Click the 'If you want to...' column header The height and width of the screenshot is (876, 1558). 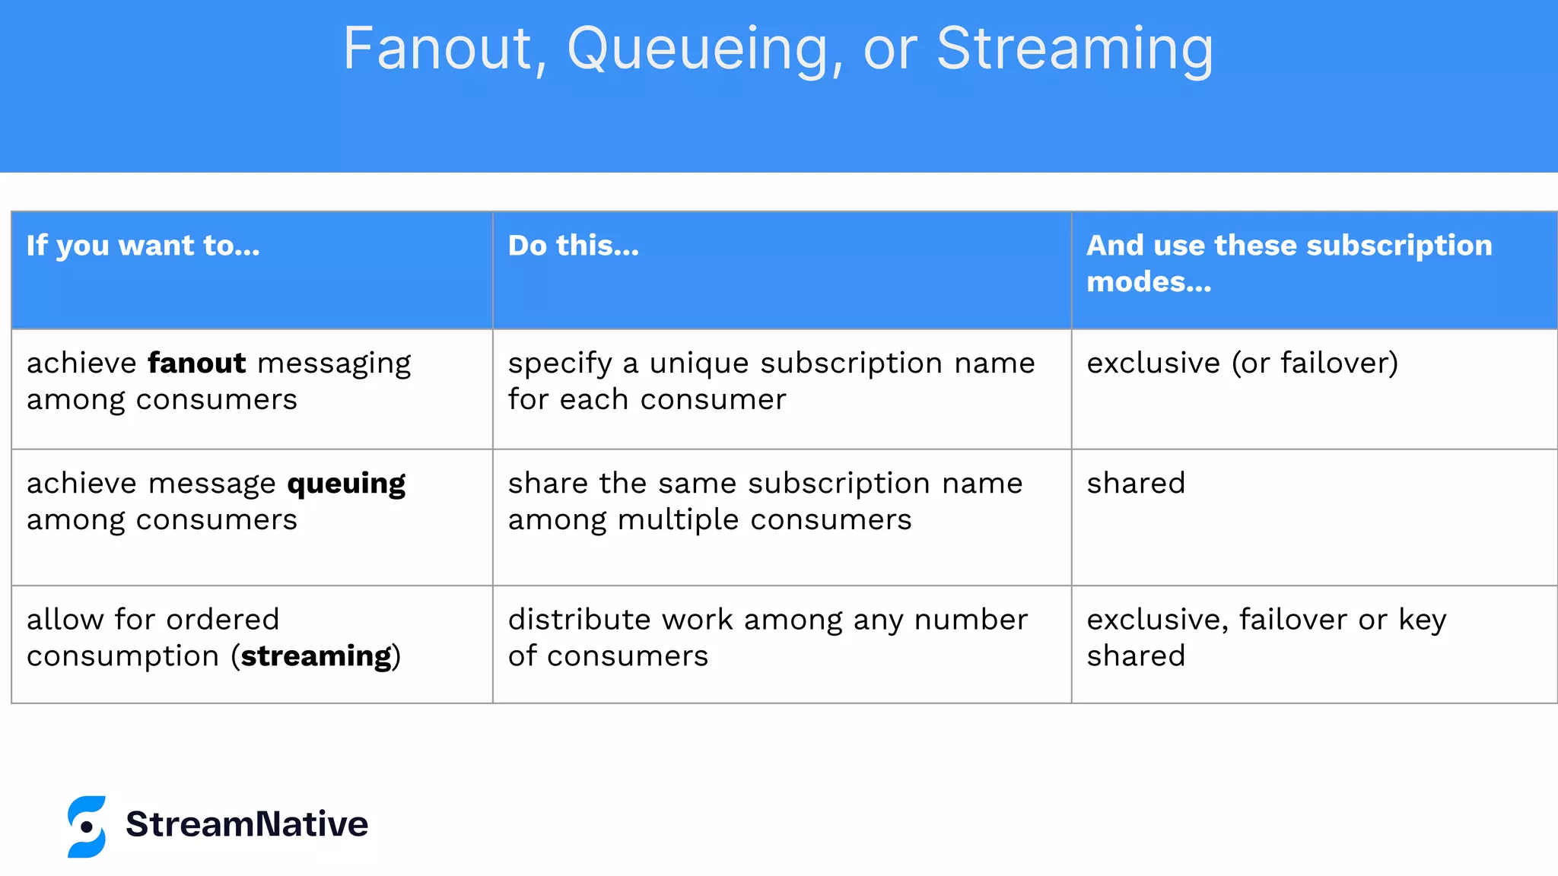pyautogui.click(x=143, y=246)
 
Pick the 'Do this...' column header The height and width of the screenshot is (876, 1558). pyautogui.click(x=574, y=246)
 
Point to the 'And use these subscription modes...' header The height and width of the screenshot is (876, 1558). pyautogui.click(x=1289, y=263)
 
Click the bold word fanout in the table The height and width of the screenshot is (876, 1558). pyautogui.click(x=197, y=363)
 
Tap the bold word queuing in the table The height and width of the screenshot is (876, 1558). pyautogui.click(x=346, y=484)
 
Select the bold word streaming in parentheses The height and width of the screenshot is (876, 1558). pyautogui.click(x=316, y=656)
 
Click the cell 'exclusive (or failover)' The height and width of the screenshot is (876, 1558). pyautogui.click(x=1242, y=363)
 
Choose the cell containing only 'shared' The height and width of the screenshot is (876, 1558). pyautogui.click(x=1136, y=484)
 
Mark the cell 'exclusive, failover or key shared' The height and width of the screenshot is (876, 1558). pyautogui.click(x=1266, y=637)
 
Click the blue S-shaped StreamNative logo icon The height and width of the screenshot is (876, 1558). pyautogui.click(x=87, y=827)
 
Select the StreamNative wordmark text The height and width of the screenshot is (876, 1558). pyautogui.click(x=246, y=824)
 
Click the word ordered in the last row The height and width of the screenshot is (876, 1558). pyautogui.click(x=222, y=620)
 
